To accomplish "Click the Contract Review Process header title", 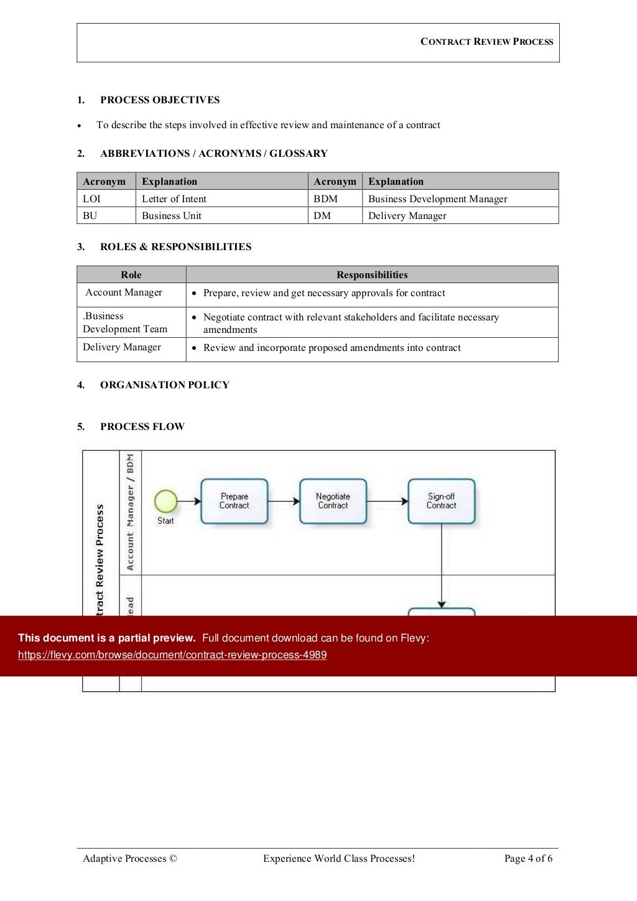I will tap(486, 42).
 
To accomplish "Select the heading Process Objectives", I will tap(160, 100).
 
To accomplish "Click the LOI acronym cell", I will tap(92, 199).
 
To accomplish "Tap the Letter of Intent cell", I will tap(174, 199).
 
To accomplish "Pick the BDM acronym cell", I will tap(325, 199).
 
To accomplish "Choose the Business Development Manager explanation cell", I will tap(437, 199).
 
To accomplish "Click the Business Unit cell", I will tap(172, 216).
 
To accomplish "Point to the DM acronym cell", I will tap(322, 216).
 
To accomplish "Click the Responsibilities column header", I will tap(372, 275).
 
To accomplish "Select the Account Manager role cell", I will tap(124, 292).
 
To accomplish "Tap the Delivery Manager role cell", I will tap(122, 347).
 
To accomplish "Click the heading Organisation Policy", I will tap(165, 385).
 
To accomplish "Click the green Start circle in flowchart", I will tap(166, 501).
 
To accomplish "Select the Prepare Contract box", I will tap(235, 501).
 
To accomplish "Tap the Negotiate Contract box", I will tap(333, 501).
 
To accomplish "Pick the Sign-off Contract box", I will tap(442, 501).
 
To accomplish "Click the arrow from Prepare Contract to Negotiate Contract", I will tap(284, 501).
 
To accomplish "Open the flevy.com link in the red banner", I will tap(172, 655).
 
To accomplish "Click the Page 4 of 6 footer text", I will tap(528, 859).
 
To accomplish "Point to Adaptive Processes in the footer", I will tap(130, 859).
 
